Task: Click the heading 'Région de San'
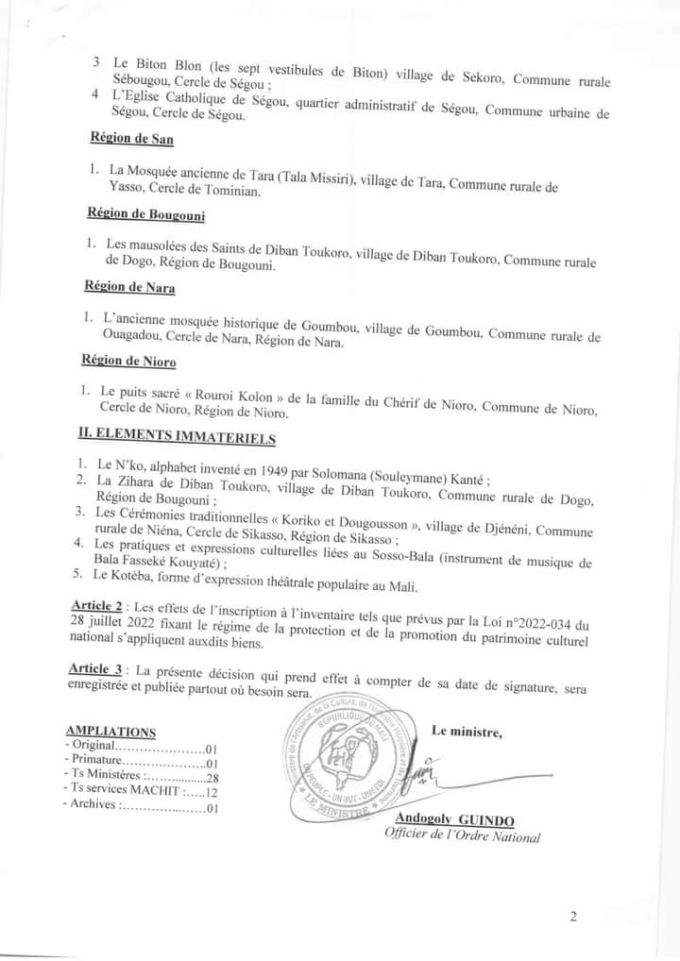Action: pos(131,138)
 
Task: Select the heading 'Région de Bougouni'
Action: pos(145,212)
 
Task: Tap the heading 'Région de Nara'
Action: pos(129,286)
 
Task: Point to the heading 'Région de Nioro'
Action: pos(128,360)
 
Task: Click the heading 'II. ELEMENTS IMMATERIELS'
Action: pos(177,435)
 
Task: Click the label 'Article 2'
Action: pos(98,604)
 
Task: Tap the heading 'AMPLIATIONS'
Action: pos(110,731)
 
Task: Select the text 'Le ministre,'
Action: pos(467,731)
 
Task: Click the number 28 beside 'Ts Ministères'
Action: pos(212,777)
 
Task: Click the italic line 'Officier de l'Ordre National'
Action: pos(462,835)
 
